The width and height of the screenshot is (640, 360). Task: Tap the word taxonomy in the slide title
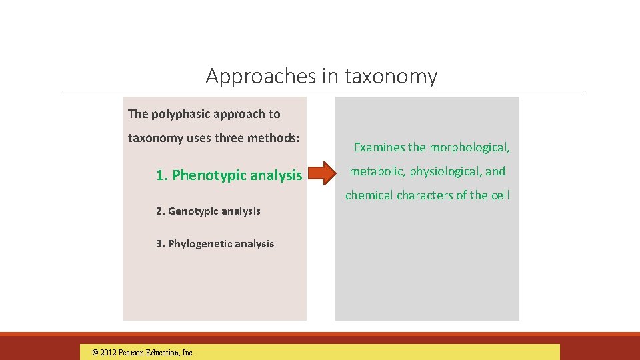click(x=391, y=77)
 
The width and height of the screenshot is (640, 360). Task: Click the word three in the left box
click(x=236, y=138)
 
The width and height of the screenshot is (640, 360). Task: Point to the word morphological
click(x=470, y=147)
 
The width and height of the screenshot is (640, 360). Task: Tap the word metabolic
click(x=377, y=171)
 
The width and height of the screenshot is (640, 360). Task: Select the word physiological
click(x=445, y=171)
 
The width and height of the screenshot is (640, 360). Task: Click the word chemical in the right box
click(x=369, y=195)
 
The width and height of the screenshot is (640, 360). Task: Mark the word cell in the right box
click(x=500, y=195)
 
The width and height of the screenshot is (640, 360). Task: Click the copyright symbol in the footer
click(x=95, y=353)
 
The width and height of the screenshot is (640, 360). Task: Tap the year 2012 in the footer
click(x=110, y=353)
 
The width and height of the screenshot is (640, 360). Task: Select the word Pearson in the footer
click(x=136, y=353)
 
